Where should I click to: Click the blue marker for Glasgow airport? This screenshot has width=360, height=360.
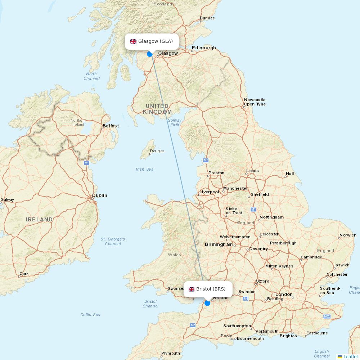[x=150, y=54]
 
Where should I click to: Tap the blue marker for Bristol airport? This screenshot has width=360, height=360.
[x=207, y=303]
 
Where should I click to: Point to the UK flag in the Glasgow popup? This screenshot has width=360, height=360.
[x=133, y=41]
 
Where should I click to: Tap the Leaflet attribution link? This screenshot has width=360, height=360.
[x=350, y=356]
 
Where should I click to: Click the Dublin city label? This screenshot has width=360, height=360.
[x=100, y=195]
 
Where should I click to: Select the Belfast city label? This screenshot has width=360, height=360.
[x=111, y=126]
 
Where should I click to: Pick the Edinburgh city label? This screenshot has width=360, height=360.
[x=204, y=48]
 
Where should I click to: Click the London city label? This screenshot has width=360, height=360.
[x=284, y=294]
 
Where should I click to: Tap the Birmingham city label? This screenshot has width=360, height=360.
[x=219, y=244]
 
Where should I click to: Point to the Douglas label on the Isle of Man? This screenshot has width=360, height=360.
[x=157, y=151]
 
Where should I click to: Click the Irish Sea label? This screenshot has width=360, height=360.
[x=144, y=169]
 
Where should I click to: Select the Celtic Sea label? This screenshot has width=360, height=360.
[x=90, y=315]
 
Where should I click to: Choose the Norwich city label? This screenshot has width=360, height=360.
[x=348, y=235]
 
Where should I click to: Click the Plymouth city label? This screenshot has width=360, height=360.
[x=171, y=353]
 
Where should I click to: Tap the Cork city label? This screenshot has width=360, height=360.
[x=24, y=274]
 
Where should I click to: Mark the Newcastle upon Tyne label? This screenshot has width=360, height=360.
[x=255, y=102]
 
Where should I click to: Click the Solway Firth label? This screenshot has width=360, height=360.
[x=175, y=123]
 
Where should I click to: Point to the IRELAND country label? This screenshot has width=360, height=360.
[x=39, y=219]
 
